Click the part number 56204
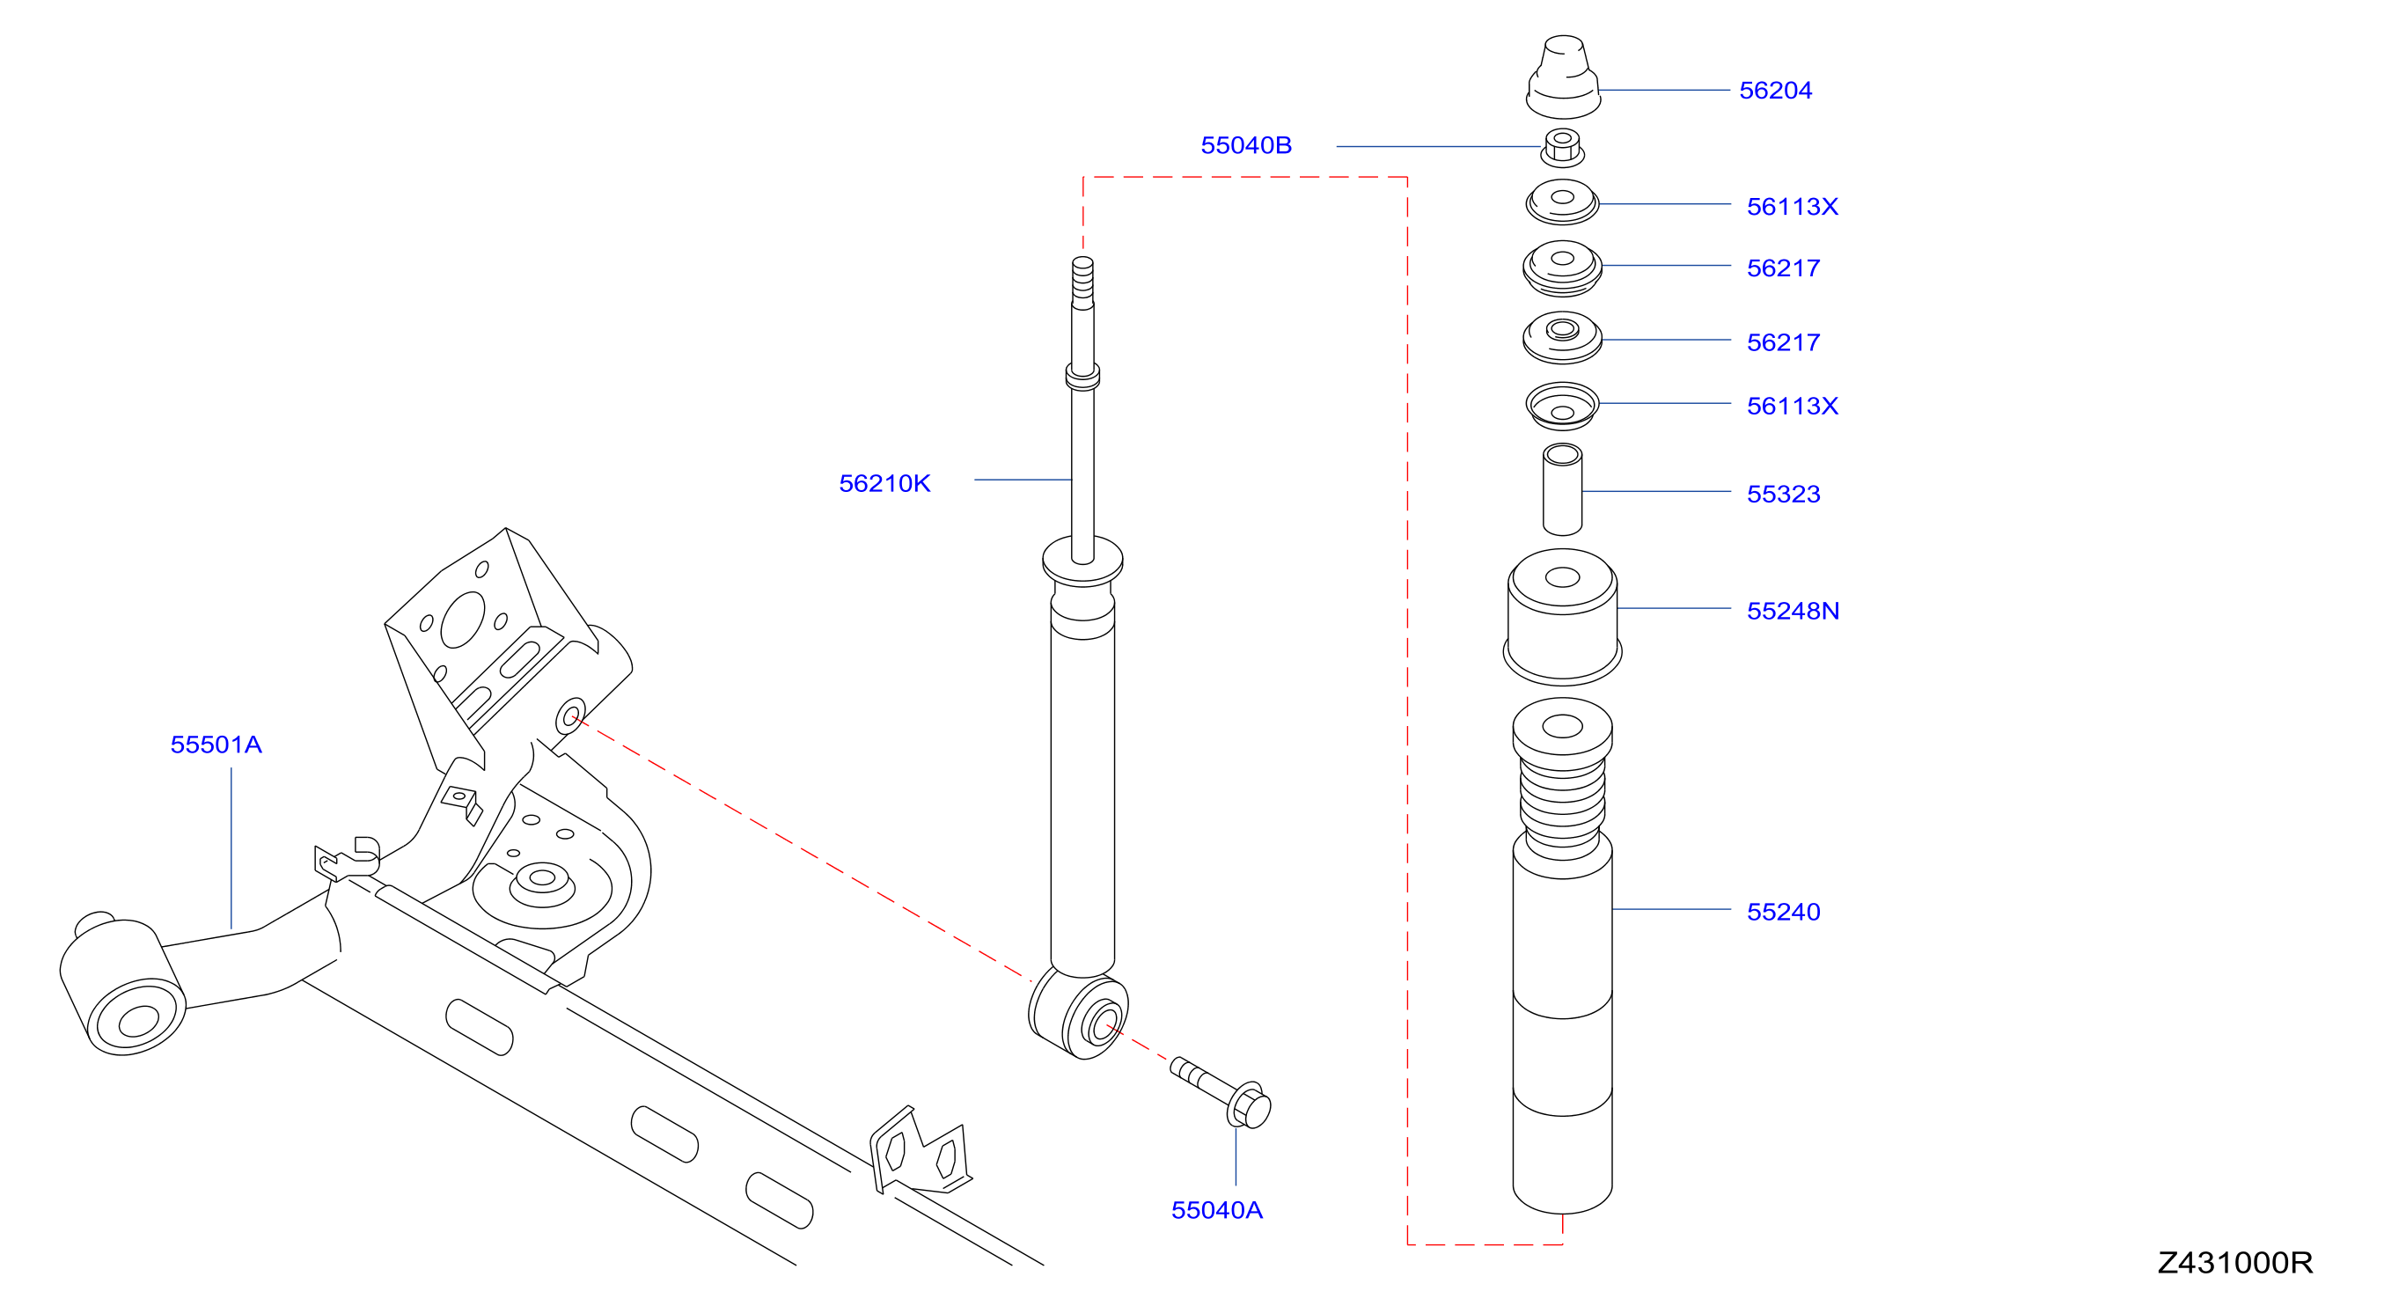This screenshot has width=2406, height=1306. [1775, 91]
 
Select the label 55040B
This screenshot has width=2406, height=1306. [1246, 146]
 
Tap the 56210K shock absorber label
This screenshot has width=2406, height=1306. [884, 484]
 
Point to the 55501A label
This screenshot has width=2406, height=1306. [216, 745]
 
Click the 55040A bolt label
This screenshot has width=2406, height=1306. [1217, 1210]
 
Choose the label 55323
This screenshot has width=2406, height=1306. [1783, 495]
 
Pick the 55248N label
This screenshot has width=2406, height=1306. [1793, 611]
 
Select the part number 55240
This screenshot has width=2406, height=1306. [1783, 912]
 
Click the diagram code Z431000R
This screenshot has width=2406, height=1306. [2235, 1263]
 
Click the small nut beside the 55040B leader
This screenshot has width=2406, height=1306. [1562, 148]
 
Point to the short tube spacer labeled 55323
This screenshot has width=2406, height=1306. [1562, 489]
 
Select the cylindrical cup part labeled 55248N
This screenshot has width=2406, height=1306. [1562, 618]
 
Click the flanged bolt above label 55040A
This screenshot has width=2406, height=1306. [1221, 1092]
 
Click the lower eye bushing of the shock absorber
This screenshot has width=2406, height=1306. [1080, 1015]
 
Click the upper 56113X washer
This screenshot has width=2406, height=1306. [1562, 202]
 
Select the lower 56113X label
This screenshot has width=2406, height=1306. [1793, 407]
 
